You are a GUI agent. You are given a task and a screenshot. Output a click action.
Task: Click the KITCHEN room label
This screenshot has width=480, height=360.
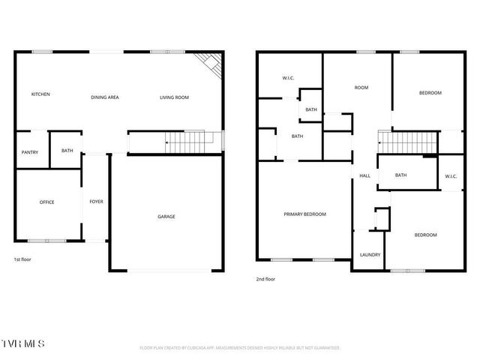40,94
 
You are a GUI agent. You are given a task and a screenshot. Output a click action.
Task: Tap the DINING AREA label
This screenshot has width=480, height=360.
105,97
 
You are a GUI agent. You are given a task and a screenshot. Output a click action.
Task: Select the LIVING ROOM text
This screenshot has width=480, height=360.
174,97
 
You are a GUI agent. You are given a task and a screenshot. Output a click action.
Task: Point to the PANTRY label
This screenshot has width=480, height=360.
30,152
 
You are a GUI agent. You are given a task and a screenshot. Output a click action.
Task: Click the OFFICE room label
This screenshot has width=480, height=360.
46,202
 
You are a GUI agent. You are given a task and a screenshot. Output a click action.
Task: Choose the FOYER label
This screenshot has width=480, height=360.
96,202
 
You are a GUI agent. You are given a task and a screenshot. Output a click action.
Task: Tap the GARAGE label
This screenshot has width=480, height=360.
166,217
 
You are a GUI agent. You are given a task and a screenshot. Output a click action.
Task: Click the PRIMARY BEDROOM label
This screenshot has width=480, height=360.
304,214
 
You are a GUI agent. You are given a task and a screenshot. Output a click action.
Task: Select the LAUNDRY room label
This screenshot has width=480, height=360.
370,254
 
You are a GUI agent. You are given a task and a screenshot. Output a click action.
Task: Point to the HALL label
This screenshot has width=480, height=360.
365,175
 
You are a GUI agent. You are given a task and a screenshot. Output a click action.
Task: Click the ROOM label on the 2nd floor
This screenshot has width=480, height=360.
361,88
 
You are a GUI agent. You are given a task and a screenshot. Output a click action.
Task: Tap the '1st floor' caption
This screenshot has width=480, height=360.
22,259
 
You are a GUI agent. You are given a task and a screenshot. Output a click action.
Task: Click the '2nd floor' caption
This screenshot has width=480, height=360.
265,279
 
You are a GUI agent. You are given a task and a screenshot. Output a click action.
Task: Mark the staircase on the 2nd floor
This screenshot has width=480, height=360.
405,140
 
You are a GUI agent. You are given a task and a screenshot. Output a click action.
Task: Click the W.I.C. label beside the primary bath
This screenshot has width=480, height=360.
288,77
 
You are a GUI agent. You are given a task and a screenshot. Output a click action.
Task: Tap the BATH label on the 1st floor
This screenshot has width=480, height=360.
67,151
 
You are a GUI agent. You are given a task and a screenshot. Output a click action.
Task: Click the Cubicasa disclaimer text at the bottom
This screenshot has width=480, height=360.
240,348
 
